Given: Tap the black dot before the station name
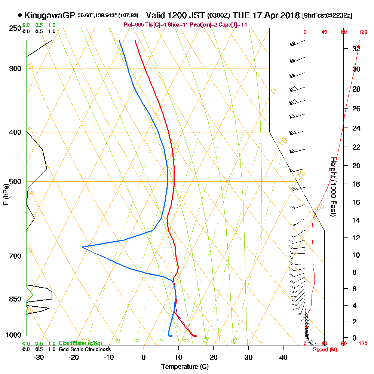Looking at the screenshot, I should click(19, 15).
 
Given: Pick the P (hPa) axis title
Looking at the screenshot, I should click(6, 194).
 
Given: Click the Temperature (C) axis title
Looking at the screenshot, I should click(185, 367).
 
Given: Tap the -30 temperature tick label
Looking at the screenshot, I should click(39, 357).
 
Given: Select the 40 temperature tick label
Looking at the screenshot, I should click(283, 357).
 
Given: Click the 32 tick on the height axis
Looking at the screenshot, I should click(356, 49).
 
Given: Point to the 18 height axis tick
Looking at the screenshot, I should click(356, 184).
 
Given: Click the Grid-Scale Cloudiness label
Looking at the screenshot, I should click(85, 349).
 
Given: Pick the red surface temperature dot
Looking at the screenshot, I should click(195, 336).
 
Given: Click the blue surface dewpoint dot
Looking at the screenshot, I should click(171, 336).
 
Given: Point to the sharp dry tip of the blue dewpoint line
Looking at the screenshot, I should click(82, 247).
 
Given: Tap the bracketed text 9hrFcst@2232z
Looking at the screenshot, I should click(328, 16).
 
